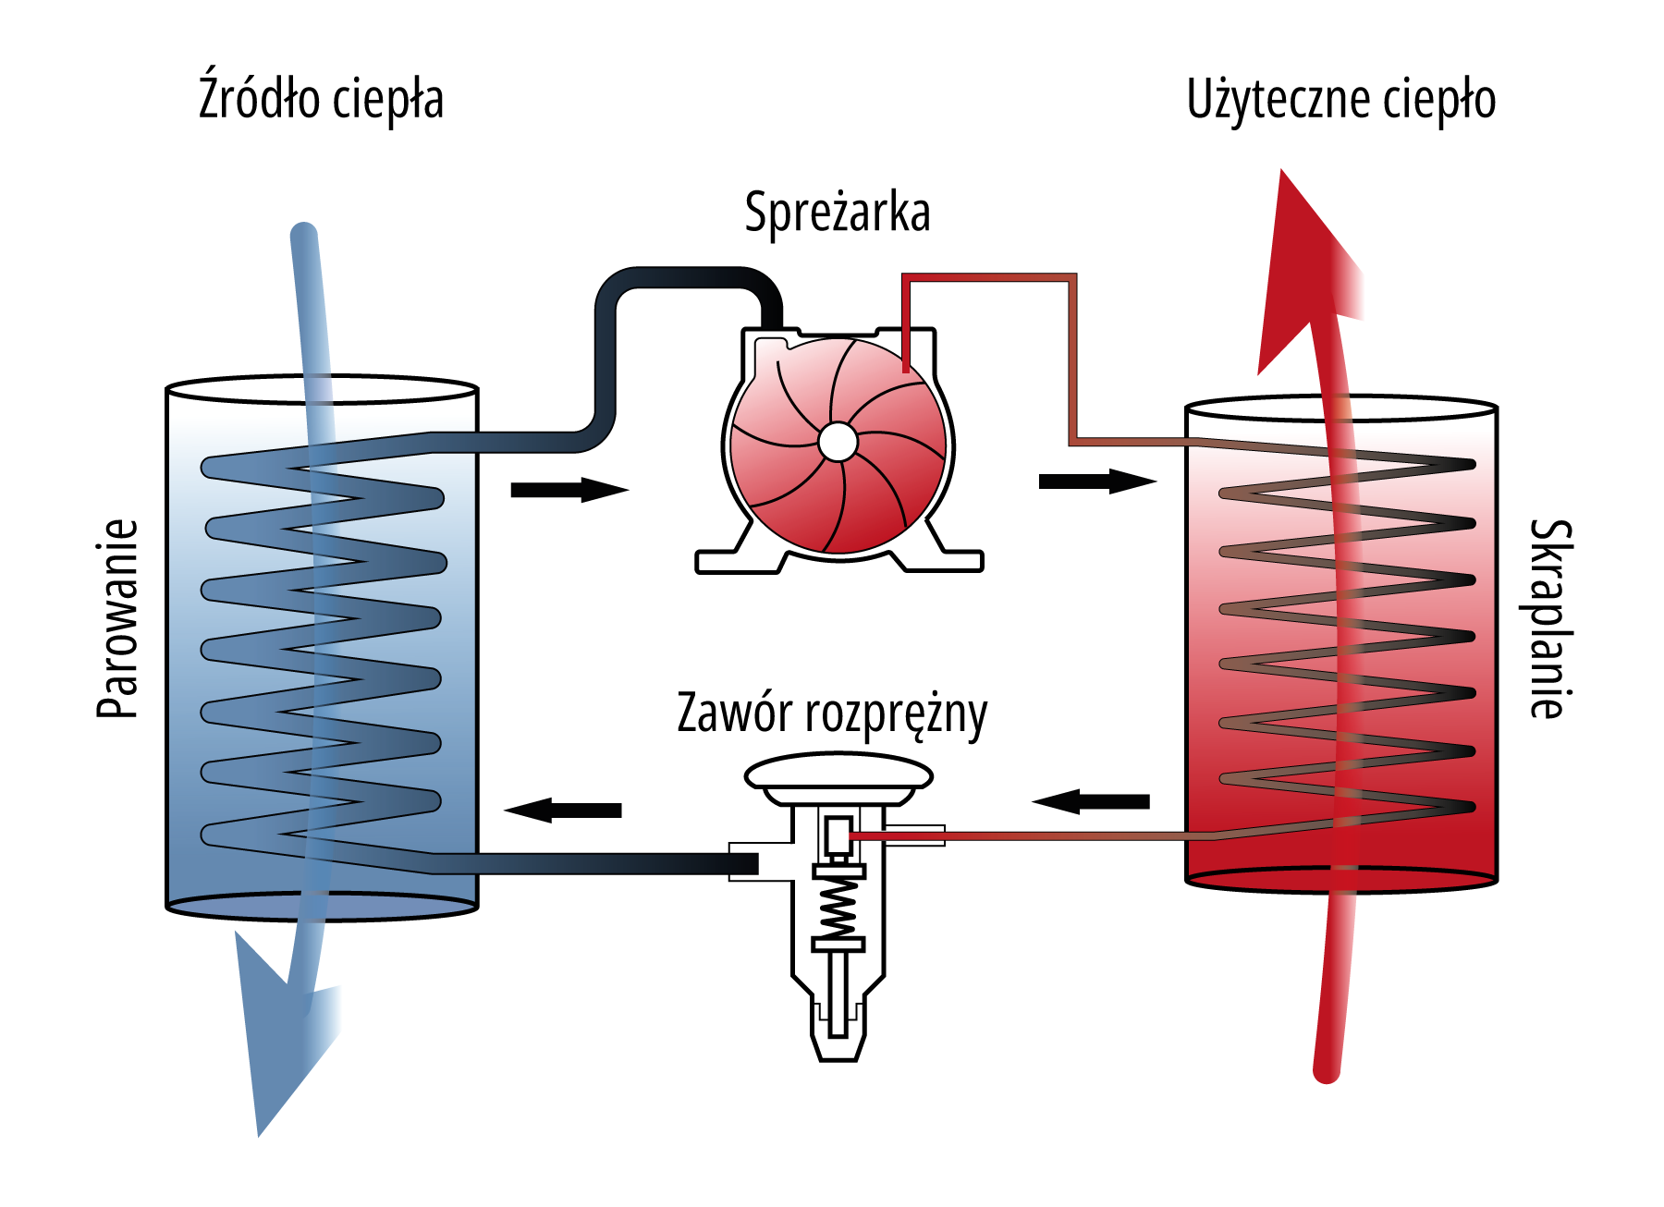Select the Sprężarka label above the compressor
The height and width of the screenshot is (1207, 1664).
pos(837,213)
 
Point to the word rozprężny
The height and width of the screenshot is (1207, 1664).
pos(896,714)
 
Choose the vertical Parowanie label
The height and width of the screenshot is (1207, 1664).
pos(117,618)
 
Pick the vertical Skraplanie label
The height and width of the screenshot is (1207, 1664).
pos(1549,618)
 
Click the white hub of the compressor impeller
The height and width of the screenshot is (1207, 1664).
pos(838,442)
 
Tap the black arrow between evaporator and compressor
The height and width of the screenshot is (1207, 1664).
pos(568,490)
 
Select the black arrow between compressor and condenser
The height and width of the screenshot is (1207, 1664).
pos(1096,482)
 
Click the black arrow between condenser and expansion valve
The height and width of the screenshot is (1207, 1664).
pos(1092,801)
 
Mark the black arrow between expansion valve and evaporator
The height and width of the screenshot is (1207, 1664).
pos(564,811)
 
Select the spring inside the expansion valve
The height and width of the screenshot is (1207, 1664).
pos(838,906)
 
